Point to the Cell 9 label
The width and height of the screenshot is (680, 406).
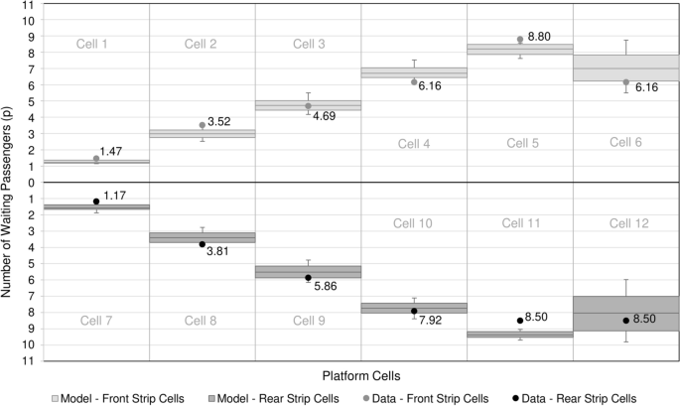308,320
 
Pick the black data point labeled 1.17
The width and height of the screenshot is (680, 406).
96,202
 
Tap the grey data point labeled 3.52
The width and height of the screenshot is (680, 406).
203,125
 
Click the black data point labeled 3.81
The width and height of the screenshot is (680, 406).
203,244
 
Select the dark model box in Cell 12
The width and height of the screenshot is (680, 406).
625,314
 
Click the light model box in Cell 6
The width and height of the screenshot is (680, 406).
625,68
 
